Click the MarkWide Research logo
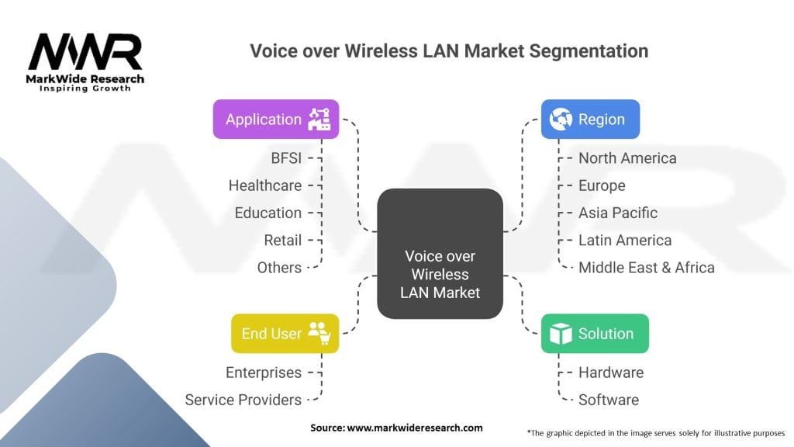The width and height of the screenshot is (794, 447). pos(86,62)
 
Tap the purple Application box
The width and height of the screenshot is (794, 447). pos(275,120)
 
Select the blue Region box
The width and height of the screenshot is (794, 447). pos(589,120)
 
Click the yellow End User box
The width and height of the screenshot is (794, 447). pos(285,334)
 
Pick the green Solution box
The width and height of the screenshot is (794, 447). pos(594,334)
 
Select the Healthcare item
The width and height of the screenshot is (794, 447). pos(264,185)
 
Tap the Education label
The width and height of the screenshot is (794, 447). pos(268,213)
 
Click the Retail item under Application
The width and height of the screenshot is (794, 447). pos(282,241)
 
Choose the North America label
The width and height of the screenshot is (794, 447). pos(627,158)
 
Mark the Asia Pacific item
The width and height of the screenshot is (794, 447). pos(618,213)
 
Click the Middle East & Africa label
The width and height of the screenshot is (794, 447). pos(647,268)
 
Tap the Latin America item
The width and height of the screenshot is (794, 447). pos(625,241)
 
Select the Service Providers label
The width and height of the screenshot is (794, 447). pos(243,400)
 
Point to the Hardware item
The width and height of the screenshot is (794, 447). pos(611,372)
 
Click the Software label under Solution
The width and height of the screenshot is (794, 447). pos(609,400)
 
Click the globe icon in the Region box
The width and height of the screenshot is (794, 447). pos(560,120)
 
